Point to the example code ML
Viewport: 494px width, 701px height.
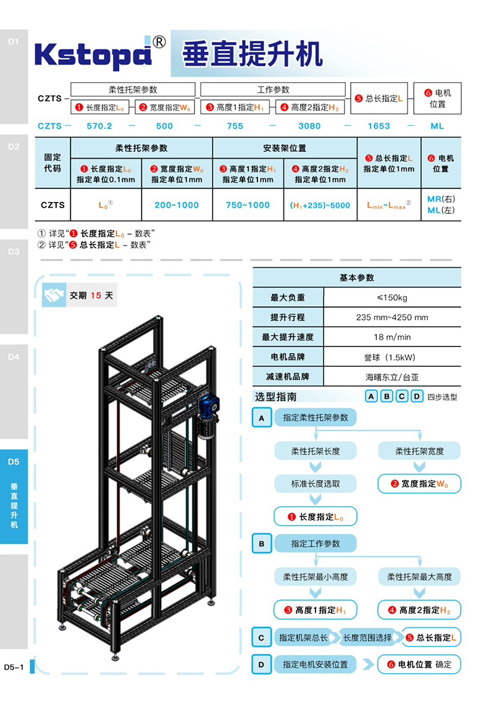pos(437,126)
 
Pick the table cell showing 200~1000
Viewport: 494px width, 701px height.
pos(177,205)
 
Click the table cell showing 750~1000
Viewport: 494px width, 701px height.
pos(248,205)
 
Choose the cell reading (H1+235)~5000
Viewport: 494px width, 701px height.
pos(320,205)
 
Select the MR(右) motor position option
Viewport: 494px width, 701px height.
pos(441,199)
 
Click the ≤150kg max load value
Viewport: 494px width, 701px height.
pos(392,298)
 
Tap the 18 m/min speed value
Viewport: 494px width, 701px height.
pos(392,337)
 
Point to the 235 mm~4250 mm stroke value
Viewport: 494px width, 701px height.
pos(392,317)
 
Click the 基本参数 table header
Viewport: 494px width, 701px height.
pos(357,278)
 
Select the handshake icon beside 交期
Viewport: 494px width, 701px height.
pos(54,295)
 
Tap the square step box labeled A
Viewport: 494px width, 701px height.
pos(262,418)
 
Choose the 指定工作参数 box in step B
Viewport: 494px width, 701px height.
pos(316,544)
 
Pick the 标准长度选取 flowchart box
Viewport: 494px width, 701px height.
pos(316,484)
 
